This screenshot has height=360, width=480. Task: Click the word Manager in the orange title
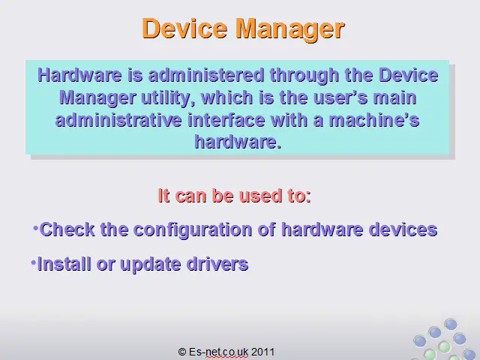coord(290,29)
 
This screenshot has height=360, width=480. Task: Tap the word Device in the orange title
coord(184,28)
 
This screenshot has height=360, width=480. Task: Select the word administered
coord(205,75)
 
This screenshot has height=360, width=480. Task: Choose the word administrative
coord(118,120)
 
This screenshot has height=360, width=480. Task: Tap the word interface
coord(226,120)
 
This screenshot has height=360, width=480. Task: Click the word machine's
coord(373,120)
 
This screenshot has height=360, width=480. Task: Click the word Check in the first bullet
coord(67,229)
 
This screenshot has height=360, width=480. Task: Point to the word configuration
coord(193,230)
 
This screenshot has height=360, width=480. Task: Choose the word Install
coord(64,264)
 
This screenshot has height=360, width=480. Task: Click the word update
coord(150,265)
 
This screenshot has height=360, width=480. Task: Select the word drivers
coord(217,264)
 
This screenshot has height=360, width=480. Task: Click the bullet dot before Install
coord(33,262)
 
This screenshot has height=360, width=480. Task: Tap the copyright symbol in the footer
coord(181,352)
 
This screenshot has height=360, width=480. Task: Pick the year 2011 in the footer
coord(262,352)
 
